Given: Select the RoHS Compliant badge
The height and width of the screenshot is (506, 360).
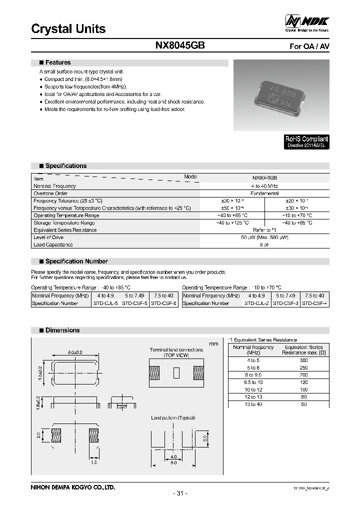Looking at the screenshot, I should [x=306, y=142].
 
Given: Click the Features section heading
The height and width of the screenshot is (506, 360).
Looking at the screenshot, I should [x=58, y=63].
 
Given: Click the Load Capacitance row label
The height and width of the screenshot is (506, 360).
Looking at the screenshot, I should [x=53, y=244].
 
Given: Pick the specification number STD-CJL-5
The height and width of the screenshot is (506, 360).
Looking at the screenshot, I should [x=106, y=303].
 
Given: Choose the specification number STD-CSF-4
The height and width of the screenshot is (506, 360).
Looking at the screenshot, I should [x=315, y=303].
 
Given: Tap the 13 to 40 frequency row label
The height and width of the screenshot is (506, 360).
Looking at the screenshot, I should [x=253, y=404].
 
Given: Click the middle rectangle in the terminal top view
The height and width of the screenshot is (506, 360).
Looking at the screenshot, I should [x=175, y=373].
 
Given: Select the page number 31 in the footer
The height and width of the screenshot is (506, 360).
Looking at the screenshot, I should [x=180, y=493].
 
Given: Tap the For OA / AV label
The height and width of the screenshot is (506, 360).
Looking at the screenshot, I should [x=310, y=46].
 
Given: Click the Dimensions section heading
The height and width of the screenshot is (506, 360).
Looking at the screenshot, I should [x=62, y=330].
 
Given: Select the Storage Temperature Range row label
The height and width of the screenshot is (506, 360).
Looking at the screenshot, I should [x=64, y=222].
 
